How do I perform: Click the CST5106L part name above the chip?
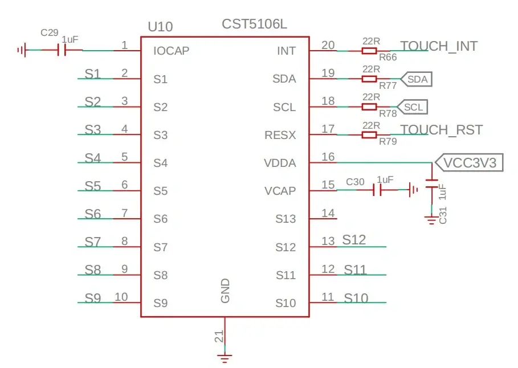point(254,24)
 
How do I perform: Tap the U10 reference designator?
point(160,27)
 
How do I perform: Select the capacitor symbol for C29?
point(62,50)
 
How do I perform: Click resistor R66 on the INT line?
point(369,51)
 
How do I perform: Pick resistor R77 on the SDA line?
point(369,79)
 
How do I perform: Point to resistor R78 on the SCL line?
point(369,107)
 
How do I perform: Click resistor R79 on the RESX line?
point(369,135)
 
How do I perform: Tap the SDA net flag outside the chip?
point(416,79)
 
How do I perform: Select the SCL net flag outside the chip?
point(412,107)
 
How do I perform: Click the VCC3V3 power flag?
point(470,162)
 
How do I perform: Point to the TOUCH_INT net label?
point(439,46)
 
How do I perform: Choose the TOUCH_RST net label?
point(442,130)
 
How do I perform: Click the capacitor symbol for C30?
point(377,190)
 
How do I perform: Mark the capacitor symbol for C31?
point(432,183)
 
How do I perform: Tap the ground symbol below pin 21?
point(225,358)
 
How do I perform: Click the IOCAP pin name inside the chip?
point(171,51)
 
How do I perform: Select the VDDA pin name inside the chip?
point(280,163)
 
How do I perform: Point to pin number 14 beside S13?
point(328,213)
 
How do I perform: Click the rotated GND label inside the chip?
point(225,291)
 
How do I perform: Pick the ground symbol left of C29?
point(22,51)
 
